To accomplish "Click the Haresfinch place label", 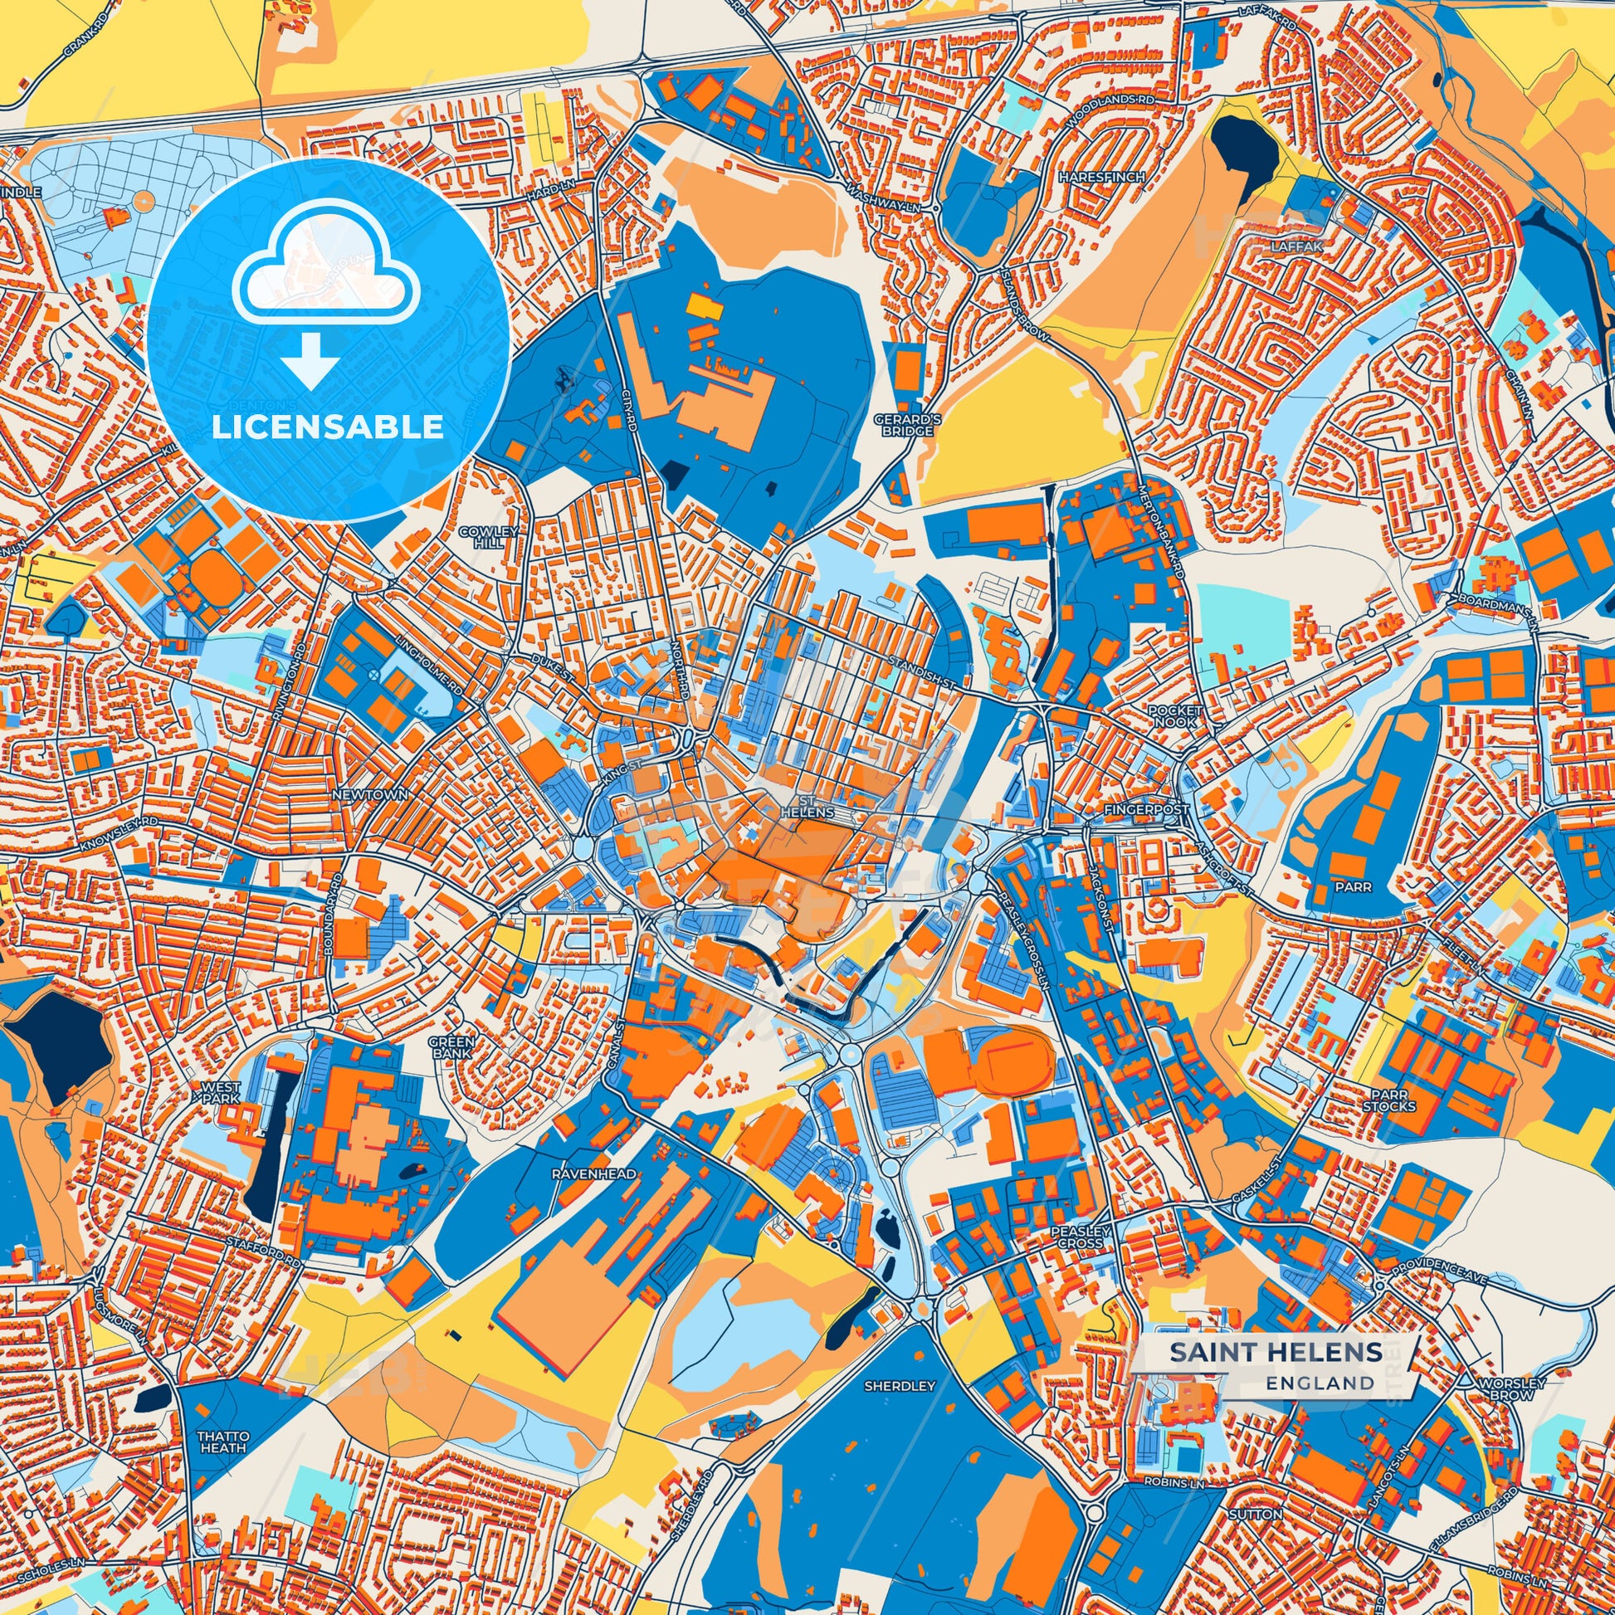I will coord(1100,178).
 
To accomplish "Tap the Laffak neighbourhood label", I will coord(1296,247).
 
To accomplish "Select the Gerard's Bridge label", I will coord(907,425).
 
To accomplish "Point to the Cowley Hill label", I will coord(489,537).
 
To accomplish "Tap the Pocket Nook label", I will coord(1174,715).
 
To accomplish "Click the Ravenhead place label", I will coord(593,1173).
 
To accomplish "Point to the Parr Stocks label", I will coord(1388,1100).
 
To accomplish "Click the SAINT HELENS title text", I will coord(1275,1352).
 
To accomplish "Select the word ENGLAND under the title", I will coord(1319,1383).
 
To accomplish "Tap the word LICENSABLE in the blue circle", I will coord(327,427).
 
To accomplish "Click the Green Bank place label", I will coord(452,1047).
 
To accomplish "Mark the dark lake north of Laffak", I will coord(1246,150).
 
